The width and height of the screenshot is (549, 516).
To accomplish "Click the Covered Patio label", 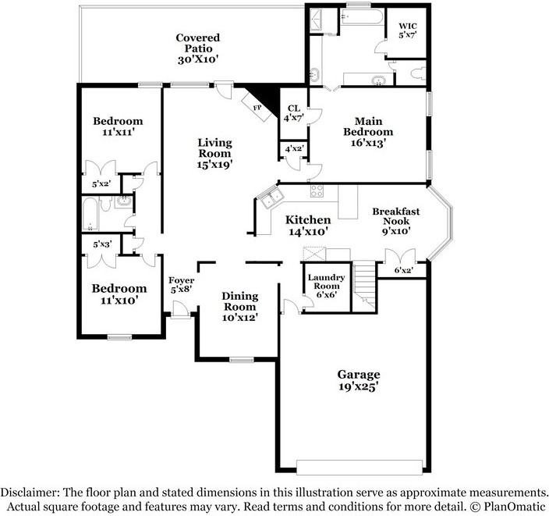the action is coord(198,48).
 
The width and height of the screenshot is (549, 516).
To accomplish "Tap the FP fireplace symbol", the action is coord(258,106).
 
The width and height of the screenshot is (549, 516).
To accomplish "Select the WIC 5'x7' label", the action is coord(408,30).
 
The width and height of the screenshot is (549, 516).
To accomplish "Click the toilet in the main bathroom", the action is coord(417,73).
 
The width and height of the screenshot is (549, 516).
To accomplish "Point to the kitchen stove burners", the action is coord(317,191).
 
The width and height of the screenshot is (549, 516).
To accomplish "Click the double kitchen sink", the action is coord(271,198).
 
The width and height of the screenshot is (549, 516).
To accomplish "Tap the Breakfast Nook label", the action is coord(396,221).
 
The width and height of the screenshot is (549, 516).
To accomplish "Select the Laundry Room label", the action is coord(326,286).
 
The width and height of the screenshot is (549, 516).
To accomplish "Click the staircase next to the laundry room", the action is coord(364,286).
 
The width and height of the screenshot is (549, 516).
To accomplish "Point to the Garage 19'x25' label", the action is coord(359,380).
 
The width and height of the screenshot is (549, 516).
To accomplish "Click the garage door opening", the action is coord(360,467).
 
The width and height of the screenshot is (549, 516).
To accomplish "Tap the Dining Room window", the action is coord(242,359).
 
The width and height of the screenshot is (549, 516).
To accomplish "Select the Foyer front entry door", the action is coord(181,310).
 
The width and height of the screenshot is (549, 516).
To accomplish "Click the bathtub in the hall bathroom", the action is coord(90,214).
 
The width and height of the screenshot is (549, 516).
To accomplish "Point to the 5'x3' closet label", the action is coord(102,244).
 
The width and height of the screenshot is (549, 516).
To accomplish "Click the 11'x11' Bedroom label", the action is coord(118,126).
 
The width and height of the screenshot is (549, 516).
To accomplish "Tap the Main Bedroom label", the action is coord(368,132).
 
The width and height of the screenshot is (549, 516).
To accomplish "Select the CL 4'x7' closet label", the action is coord(293,113).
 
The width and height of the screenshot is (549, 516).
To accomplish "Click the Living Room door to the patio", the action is coord(224,91).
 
